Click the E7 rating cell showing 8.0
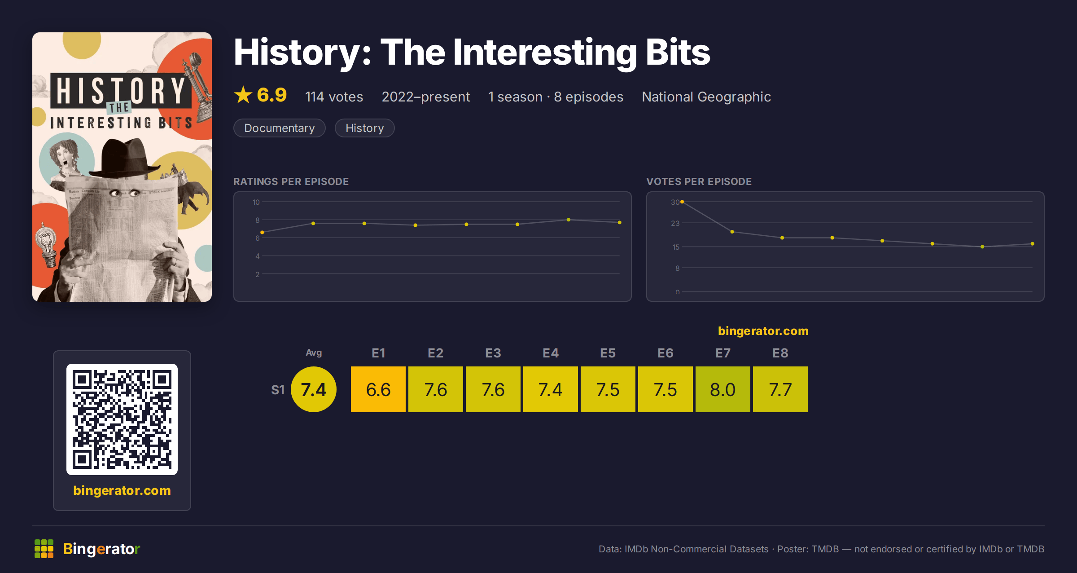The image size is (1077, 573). pyautogui.click(x=722, y=389)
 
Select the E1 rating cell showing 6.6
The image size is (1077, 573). pyautogui.click(x=378, y=389)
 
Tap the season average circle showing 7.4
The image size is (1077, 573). pyautogui.click(x=314, y=389)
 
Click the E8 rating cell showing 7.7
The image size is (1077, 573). pyautogui.click(x=780, y=389)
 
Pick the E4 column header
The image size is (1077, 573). pyautogui.click(x=551, y=353)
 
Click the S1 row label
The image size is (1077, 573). pyautogui.click(x=278, y=390)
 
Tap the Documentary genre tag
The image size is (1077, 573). pyautogui.click(x=280, y=128)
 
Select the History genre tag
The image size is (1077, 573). pyautogui.click(x=365, y=128)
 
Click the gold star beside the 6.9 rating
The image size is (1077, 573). pyautogui.click(x=243, y=95)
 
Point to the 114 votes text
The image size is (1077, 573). pyautogui.click(x=334, y=97)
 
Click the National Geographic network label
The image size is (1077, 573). pyautogui.click(x=706, y=97)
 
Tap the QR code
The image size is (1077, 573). pyautogui.click(x=122, y=419)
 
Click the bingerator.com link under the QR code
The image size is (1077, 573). pyautogui.click(x=122, y=490)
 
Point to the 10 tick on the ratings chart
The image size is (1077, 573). pyautogui.click(x=256, y=202)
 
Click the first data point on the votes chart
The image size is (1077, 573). pyautogui.click(x=682, y=202)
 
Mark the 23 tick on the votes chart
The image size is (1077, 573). pyautogui.click(x=675, y=223)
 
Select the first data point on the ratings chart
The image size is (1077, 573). pyautogui.click(x=262, y=232)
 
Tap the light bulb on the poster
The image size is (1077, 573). pyautogui.click(x=47, y=244)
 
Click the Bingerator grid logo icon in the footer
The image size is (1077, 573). pyautogui.click(x=44, y=549)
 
